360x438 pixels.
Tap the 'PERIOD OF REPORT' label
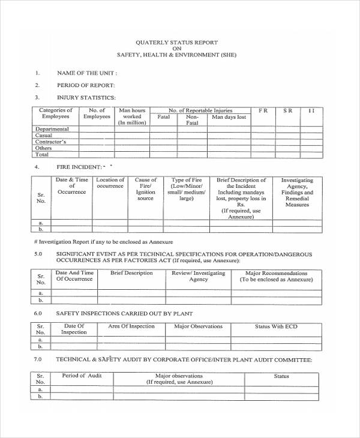point(86,85)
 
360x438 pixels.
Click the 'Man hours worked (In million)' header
point(132,116)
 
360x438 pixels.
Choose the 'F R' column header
point(263,111)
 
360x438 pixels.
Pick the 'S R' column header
point(288,111)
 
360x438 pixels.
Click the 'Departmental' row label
point(52,129)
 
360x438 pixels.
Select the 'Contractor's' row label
point(51,142)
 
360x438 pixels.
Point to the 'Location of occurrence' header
point(110,183)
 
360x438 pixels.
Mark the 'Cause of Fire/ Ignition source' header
point(146,189)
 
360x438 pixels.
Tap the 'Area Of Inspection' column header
point(131,326)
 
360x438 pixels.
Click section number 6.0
point(38,313)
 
